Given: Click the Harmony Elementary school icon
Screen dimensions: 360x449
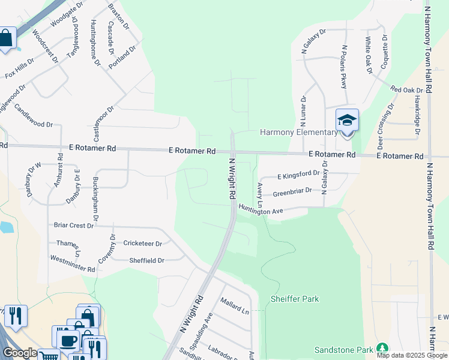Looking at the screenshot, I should [346, 121].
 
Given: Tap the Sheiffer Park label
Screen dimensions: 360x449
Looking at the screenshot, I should [295, 299].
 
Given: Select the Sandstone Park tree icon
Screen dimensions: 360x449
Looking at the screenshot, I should [382, 349].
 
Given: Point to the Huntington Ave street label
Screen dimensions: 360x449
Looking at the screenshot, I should [261, 211].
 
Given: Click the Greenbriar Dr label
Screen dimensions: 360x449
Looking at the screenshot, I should [292, 193].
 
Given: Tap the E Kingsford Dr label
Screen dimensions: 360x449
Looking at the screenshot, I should [298, 175].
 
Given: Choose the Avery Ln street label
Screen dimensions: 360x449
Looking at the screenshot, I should [261, 194].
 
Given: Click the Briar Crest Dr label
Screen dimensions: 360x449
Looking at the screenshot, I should [74, 226].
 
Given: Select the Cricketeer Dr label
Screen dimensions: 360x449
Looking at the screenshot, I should [143, 244].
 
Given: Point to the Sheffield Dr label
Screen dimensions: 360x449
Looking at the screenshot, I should [146, 260].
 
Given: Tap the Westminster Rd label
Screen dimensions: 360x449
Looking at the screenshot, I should [73, 264].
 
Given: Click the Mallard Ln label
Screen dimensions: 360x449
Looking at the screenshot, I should [234, 305].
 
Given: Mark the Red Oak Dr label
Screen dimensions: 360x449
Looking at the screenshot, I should [407, 90].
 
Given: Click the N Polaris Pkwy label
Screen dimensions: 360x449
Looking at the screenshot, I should [345, 67].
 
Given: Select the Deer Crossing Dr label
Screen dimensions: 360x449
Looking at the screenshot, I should [385, 127].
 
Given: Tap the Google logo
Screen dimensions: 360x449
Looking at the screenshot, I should [20, 353].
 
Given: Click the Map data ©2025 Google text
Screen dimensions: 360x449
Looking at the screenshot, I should [412, 355].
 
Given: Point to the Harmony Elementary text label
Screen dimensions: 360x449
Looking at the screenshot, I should [298, 132].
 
